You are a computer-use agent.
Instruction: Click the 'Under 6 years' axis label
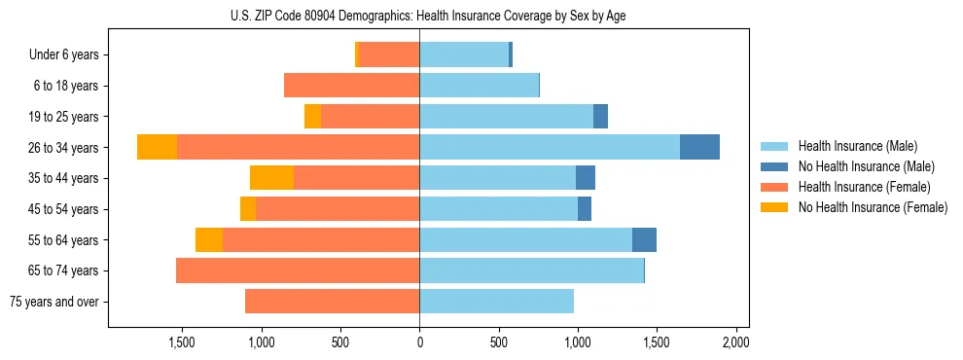click(x=64, y=54)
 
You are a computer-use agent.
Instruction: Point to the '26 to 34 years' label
click(x=65, y=148)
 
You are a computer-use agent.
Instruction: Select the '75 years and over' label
click(x=54, y=302)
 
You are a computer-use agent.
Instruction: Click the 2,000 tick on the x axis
click(x=736, y=342)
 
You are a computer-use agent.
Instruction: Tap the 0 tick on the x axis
click(x=419, y=342)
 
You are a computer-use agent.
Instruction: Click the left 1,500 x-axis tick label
click(x=182, y=342)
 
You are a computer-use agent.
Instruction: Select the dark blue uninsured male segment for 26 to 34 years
click(x=699, y=147)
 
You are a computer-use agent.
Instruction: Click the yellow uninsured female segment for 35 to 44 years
click(x=271, y=178)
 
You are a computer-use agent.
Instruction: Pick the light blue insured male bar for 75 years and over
click(x=496, y=302)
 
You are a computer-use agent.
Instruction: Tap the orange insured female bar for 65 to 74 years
click(x=298, y=270)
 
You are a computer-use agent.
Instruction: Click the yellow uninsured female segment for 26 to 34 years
click(x=157, y=147)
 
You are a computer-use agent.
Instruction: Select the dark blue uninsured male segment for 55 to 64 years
click(x=644, y=240)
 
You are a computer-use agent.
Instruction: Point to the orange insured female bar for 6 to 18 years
click(x=351, y=86)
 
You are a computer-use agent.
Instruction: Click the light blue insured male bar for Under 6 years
click(x=464, y=54)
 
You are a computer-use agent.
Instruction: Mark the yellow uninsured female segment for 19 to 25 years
click(x=312, y=117)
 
